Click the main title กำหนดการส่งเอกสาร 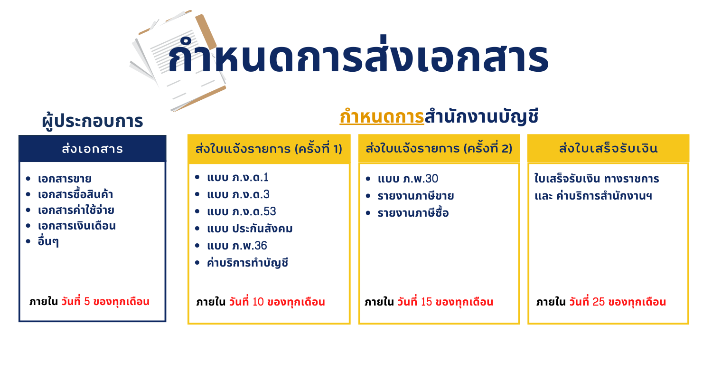358,56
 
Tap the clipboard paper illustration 178,60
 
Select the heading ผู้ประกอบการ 93,121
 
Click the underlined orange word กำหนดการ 382,116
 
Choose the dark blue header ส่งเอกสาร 93,149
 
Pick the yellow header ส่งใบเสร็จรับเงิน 608,149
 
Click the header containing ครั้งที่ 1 269,149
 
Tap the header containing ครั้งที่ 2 439,149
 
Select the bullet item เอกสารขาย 65,179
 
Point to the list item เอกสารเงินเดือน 76,226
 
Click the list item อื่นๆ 48,241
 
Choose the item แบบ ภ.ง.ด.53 242,211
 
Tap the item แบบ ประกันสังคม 250,229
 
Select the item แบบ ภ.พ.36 237,246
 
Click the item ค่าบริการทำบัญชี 248,263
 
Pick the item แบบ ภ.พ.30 408,179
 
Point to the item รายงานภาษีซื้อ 413,213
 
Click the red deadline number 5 87,301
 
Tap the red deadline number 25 599,302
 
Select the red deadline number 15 426,302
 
